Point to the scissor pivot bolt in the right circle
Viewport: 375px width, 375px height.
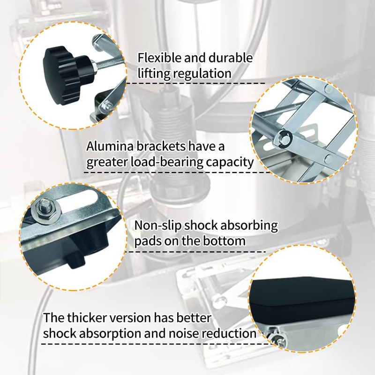[x=284, y=137]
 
